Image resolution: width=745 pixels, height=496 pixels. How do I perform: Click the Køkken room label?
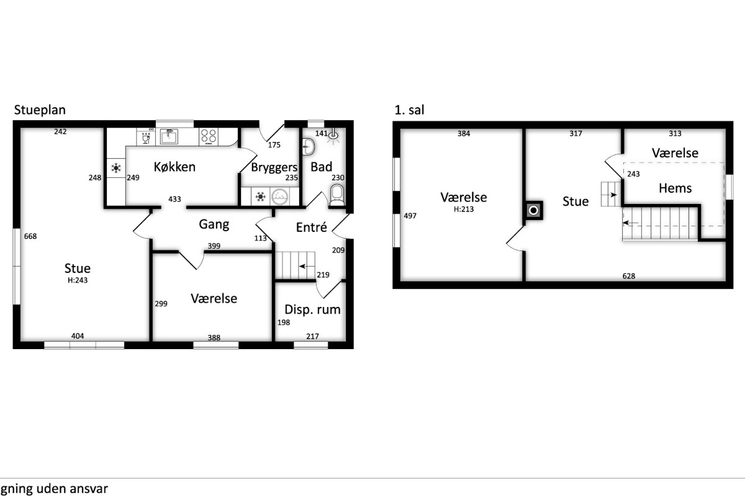(174, 167)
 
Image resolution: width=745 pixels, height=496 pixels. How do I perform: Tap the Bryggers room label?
(274, 167)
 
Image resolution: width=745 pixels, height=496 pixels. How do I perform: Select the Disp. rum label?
(312, 309)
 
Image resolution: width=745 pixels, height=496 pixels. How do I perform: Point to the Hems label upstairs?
(675, 188)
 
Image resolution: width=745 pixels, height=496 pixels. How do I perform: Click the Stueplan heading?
(40, 110)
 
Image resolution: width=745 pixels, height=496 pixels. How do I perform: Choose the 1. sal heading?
(409, 110)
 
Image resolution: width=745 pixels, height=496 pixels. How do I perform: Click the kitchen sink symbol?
(169, 136)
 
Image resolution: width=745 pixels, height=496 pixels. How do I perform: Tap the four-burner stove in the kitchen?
(209, 136)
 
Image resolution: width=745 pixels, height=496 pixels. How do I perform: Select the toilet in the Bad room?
(337, 195)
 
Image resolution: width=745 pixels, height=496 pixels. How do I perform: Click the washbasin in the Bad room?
(309, 147)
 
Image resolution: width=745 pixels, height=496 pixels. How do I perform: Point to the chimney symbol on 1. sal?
(533, 210)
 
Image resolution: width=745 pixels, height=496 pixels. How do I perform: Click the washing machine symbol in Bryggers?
(279, 197)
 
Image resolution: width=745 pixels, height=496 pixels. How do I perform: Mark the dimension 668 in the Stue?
(30, 236)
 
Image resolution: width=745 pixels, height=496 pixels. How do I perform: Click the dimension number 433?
(174, 199)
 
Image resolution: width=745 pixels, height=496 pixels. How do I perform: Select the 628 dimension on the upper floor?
(628, 276)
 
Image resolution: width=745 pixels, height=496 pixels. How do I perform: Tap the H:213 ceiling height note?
(464, 210)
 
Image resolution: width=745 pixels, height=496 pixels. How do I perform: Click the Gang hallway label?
(214, 224)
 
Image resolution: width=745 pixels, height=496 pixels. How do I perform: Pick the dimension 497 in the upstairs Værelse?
(410, 216)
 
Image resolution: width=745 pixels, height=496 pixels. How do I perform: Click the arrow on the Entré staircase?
(307, 266)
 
